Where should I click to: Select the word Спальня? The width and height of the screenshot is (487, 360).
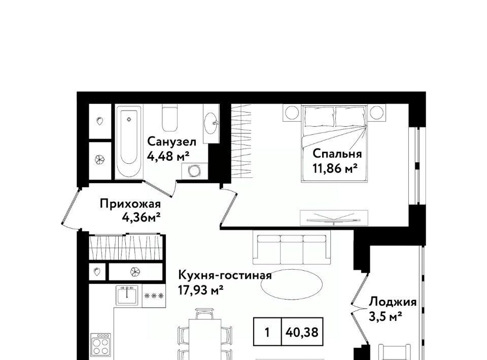(337, 154)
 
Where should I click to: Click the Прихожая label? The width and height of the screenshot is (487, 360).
(130, 204)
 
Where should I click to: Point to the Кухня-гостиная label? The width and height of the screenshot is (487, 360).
(225, 275)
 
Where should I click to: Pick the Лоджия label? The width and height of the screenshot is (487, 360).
(393, 302)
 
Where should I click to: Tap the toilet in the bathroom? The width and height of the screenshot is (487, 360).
(170, 118)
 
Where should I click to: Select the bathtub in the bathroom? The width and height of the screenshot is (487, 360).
(129, 142)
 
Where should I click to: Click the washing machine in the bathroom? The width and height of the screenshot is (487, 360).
(195, 171)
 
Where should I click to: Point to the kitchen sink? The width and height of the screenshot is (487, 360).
(127, 295)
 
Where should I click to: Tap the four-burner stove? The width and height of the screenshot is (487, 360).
(101, 344)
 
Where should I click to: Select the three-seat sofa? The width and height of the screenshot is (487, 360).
(292, 247)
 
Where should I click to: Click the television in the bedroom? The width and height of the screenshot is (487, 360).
(334, 218)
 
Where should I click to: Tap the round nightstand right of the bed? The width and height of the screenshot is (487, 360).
(377, 113)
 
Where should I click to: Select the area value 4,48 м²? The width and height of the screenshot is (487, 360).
(168, 156)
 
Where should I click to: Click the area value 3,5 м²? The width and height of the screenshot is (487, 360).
(386, 316)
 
